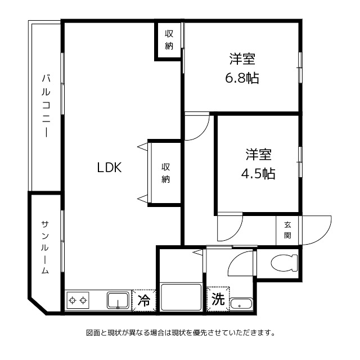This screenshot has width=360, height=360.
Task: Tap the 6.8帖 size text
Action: [242, 78]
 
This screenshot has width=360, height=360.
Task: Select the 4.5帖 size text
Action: [258, 173]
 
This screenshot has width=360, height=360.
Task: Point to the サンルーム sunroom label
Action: [45, 247]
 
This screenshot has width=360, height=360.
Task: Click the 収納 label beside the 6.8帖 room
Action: [169, 39]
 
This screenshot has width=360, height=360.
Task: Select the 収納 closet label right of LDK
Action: [165, 173]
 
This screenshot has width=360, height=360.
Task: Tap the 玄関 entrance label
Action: [288, 229]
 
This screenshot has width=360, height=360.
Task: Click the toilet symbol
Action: [283, 262]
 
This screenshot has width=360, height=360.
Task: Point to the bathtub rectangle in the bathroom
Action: [181, 296]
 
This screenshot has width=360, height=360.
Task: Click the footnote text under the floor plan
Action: [180, 332]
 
